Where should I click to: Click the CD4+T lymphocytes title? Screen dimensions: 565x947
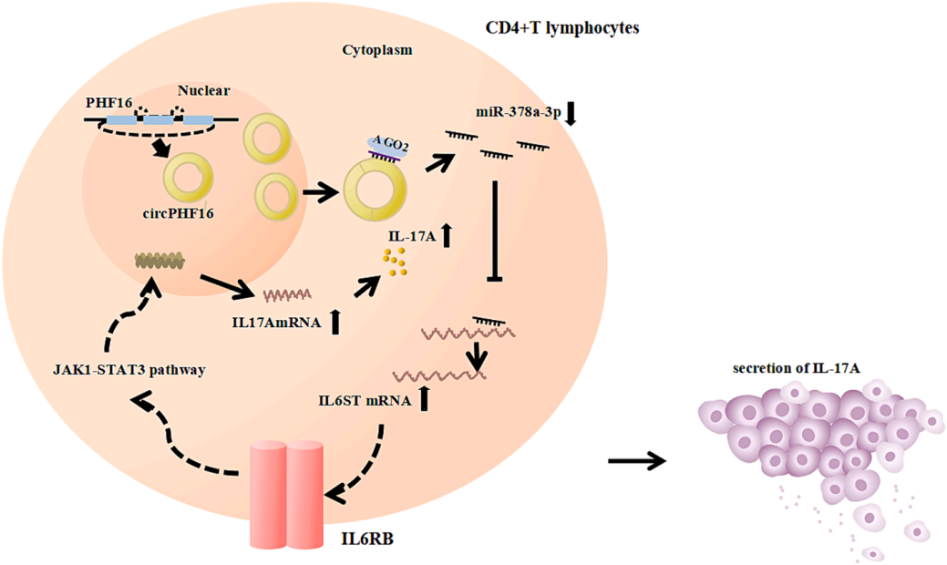561,28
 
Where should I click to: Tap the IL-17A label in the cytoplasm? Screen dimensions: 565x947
409,237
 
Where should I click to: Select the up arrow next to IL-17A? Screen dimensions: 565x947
447,236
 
